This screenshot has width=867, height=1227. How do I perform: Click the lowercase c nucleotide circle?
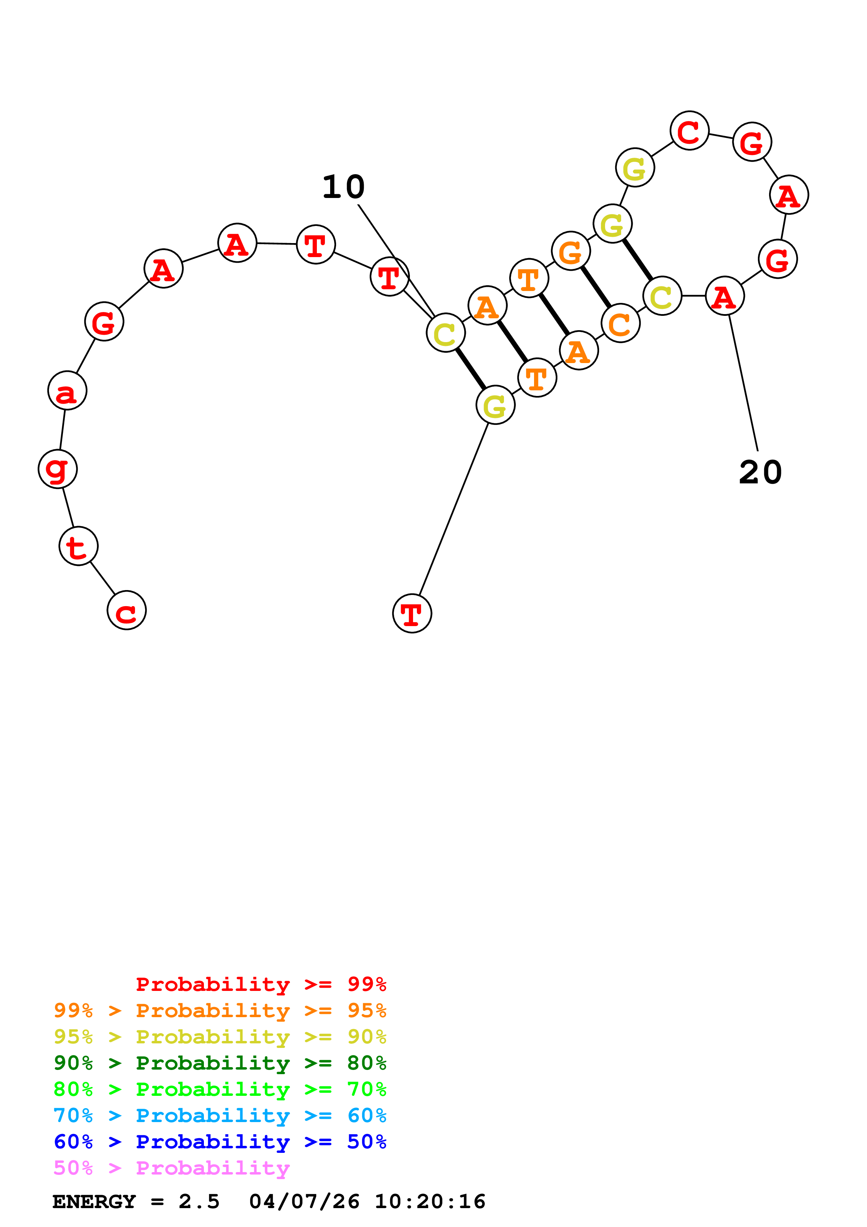pyautogui.click(x=127, y=610)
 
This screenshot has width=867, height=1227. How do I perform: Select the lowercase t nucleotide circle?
pyautogui.click(x=79, y=546)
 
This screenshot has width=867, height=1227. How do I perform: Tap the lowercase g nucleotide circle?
pyautogui.click(x=58, y=469)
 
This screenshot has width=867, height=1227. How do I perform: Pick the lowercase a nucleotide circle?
pyautogui.click(x=67, y=391)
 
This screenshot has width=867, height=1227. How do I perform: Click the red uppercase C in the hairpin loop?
pyautogui.click(x=690, y=131)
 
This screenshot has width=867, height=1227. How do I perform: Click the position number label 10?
pyautogui.click(x=343, y=187)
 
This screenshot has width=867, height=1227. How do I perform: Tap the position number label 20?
pyautogui.click(x=760, y=473)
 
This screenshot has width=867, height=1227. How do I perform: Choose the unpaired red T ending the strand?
pyautogui.click(x=412, y=613)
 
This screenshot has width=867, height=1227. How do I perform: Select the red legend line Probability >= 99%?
pyautogui.click(x=261, y=984)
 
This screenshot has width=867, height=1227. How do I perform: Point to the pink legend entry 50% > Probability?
pyautogui.click(x=171, y=1167)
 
